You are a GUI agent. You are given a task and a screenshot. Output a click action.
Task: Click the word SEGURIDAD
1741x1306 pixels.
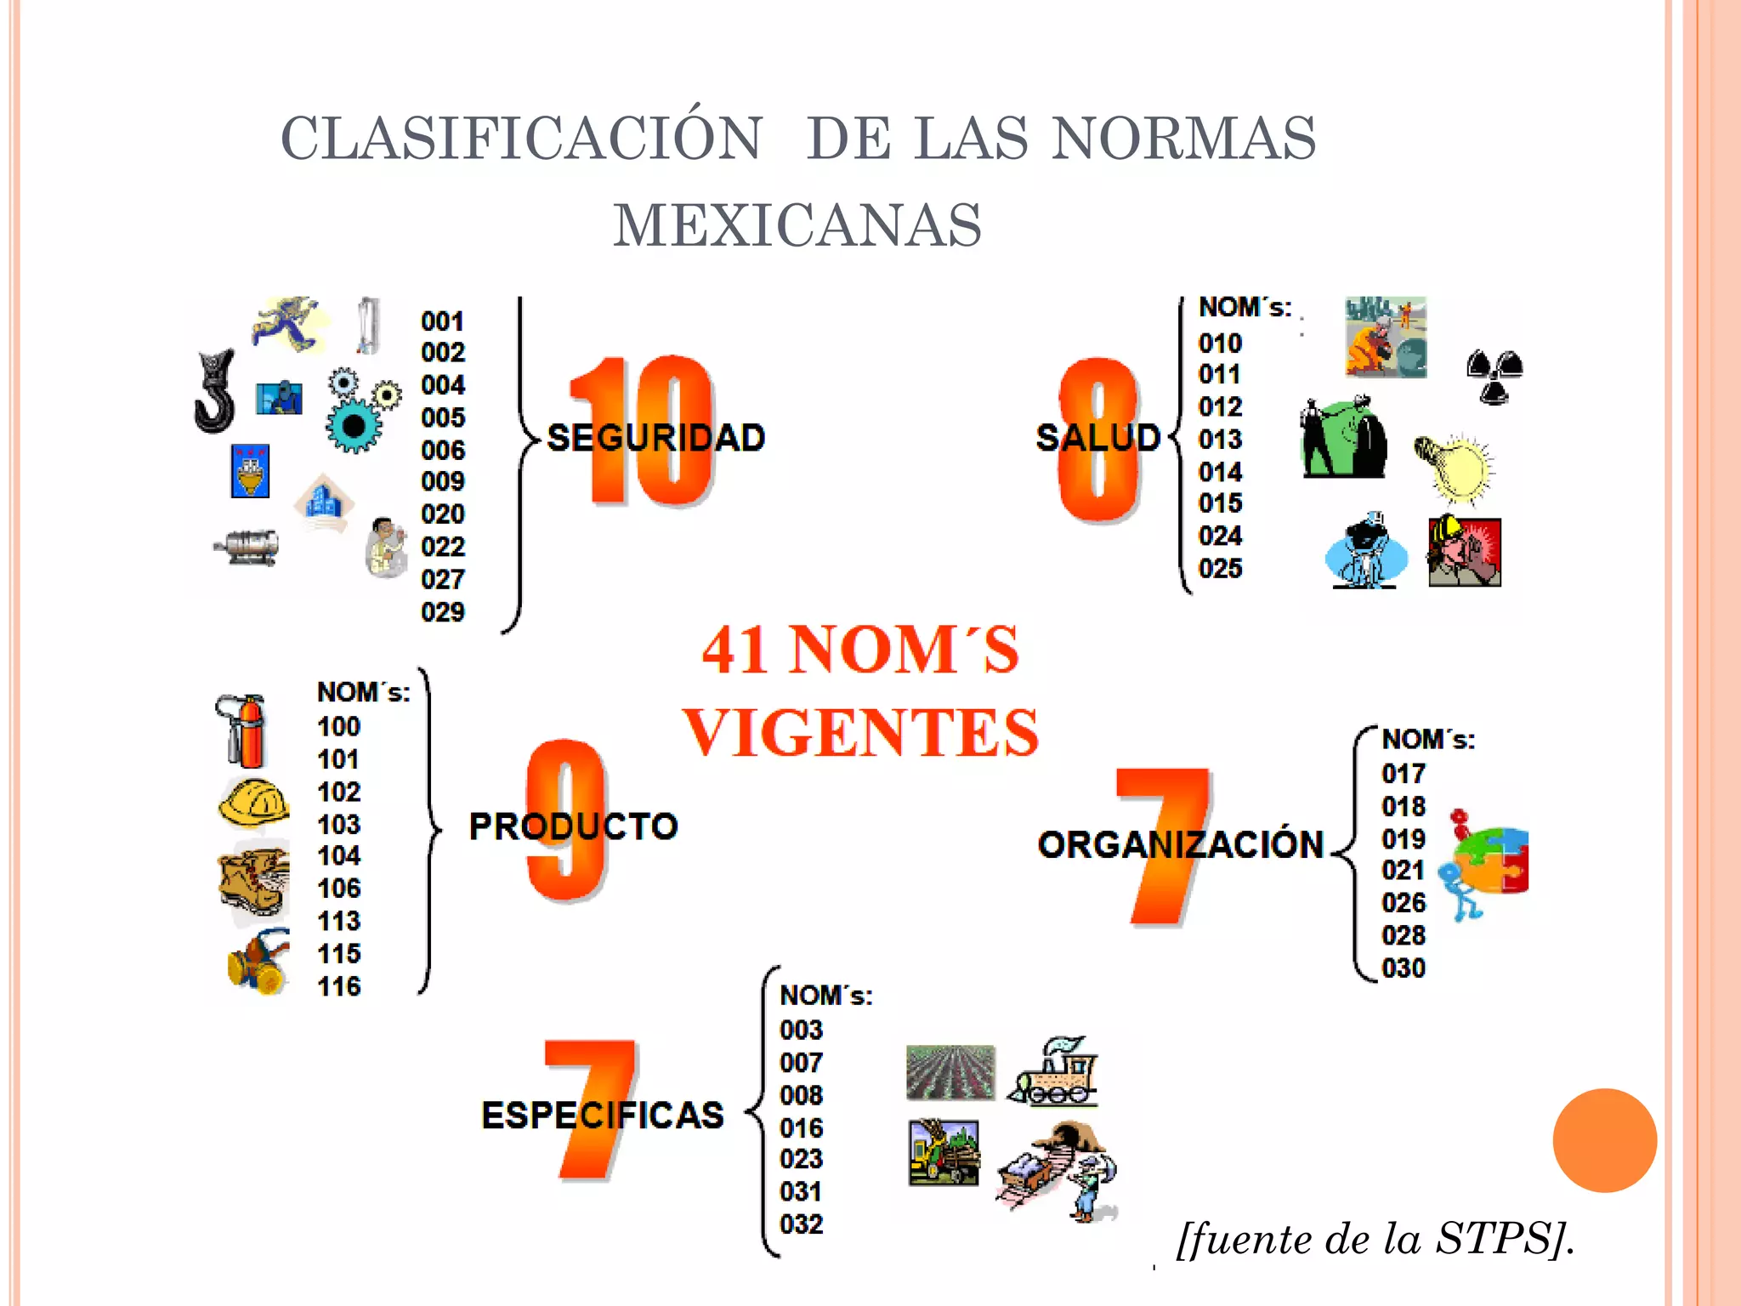click(655, 438)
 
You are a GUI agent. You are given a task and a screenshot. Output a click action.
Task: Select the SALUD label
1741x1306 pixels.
click(1098, 438)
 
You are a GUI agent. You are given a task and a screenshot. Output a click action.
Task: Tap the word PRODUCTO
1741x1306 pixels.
click(574, 826)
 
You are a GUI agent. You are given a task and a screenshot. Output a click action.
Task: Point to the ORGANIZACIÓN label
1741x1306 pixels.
click(1181, 844)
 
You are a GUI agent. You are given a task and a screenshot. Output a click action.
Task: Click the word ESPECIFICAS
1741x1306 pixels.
click(603, 1116)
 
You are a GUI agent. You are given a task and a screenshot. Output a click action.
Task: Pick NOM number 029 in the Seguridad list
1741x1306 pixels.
click(443, 612)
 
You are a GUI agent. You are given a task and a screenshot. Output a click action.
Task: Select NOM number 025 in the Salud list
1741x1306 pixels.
click(1221, 568)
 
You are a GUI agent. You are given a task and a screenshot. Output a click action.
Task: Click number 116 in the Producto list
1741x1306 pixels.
click(339, 986)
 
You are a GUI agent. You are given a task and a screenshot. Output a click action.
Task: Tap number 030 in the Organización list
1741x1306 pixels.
click(1404, 968)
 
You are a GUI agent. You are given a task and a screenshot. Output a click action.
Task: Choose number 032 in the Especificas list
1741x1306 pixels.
click(802, 1224)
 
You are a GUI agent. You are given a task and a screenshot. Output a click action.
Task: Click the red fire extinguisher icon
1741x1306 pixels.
click(241, 731)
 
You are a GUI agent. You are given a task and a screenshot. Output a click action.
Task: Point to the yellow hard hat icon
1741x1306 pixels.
click(254, 803)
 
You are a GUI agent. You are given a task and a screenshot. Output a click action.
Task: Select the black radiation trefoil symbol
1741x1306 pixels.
click(1494, 377)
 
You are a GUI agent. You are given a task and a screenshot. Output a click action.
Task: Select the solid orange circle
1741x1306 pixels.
click(1605, 1140)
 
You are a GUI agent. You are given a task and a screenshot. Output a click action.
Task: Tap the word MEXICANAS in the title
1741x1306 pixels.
click(797, 225)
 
